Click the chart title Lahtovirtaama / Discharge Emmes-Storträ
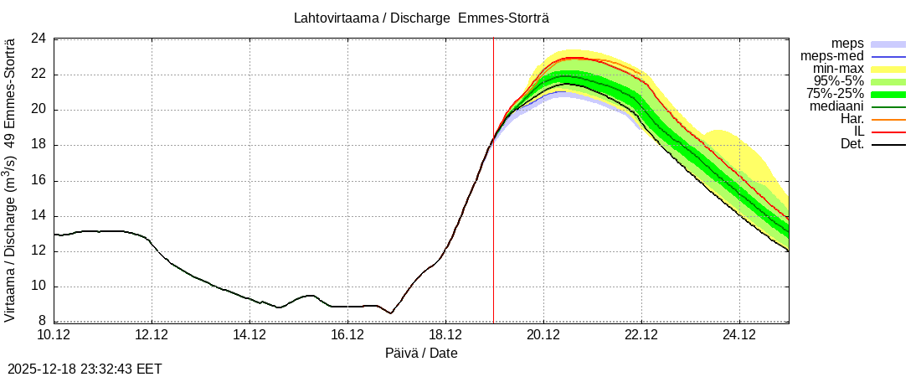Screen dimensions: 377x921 [422, 18]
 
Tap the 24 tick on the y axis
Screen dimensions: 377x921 [39, 39]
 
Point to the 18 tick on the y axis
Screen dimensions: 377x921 [39, 145]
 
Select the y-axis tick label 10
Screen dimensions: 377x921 [39, 287]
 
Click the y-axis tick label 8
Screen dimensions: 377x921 [42, 322]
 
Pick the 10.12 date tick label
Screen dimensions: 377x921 [54, 336]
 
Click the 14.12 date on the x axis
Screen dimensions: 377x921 [250, 336]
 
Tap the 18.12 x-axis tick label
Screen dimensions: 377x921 [445, 336]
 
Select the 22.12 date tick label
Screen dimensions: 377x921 [641, 336]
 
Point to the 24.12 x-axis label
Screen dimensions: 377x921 [739, 336]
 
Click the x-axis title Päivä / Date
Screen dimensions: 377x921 [421, 353]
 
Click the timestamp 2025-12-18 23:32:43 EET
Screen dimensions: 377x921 [85, 369]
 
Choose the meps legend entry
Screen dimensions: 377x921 [847, 44]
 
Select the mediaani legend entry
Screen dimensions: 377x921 [836, 106]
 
